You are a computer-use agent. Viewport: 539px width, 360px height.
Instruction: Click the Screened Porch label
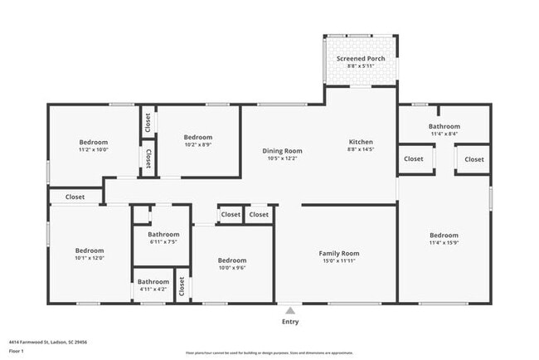359,59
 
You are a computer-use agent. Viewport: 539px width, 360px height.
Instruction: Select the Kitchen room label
360,143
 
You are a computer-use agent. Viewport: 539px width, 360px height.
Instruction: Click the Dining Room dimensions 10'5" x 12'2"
282,158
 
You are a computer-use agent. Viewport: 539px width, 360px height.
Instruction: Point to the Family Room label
339,253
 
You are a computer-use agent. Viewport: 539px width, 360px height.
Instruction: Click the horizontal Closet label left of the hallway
75,197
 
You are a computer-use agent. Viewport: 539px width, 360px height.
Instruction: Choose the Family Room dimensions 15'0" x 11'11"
339,260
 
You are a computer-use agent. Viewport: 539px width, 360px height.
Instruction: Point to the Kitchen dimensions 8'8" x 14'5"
360,150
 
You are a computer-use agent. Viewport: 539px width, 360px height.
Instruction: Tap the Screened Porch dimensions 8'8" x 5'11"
359,67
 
